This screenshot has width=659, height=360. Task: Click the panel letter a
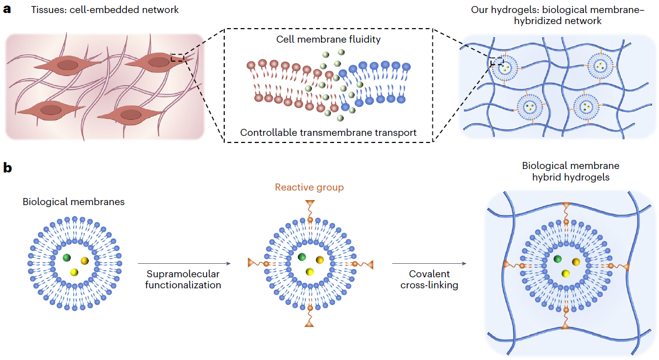pyautogui.click(x=7, y=10)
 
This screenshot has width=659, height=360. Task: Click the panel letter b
pyautogui.click(x=8, y=167)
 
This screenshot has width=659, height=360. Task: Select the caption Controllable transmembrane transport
pyautogui.click(x=328, y=132)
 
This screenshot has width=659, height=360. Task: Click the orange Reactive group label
pyautogui.click(x=309, y=188)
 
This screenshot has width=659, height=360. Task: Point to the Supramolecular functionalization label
pyautogui.click(x=184, y=279)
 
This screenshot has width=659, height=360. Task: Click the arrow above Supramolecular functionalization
pyautogui.click(x=184, y=263)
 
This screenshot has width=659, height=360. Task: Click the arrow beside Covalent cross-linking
pyautogui.click(x=429, y=263)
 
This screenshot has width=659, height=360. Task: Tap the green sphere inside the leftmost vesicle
pyautogui.click(x=67, y=258)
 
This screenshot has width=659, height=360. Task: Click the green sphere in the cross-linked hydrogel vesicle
pyautogui.click(x=558, y=259)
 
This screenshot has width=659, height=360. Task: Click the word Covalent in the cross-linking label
pyautogui.click(x=429, y=274)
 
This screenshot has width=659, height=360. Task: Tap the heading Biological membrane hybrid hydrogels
pyautogui.click(x=570, y=171)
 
